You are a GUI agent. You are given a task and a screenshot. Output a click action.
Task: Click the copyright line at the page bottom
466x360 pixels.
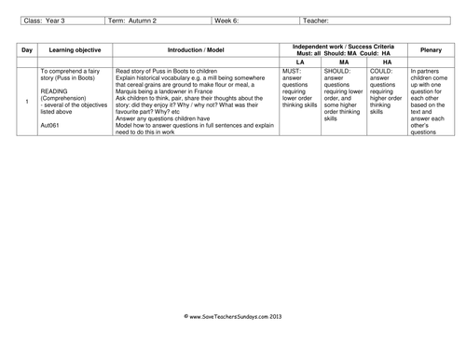[x=233, y=316]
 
